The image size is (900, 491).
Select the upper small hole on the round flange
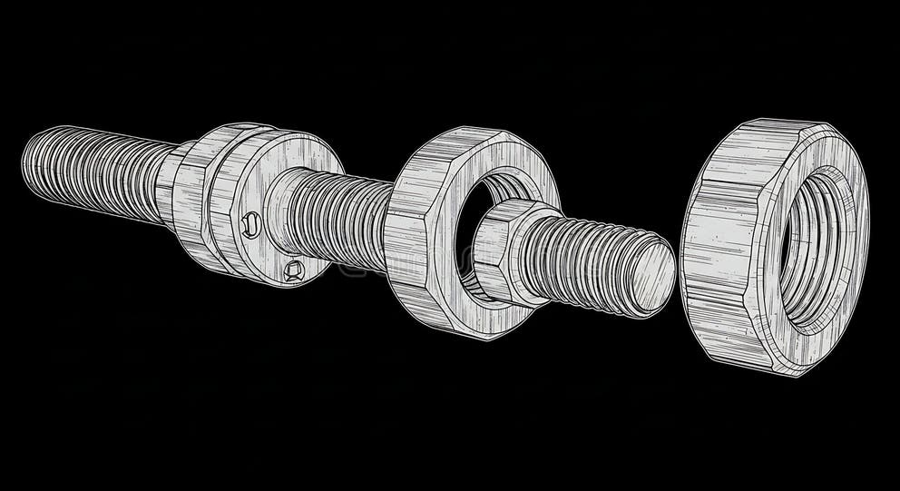(x=252, y=221)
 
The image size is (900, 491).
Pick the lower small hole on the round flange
(x=292, y=270)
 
